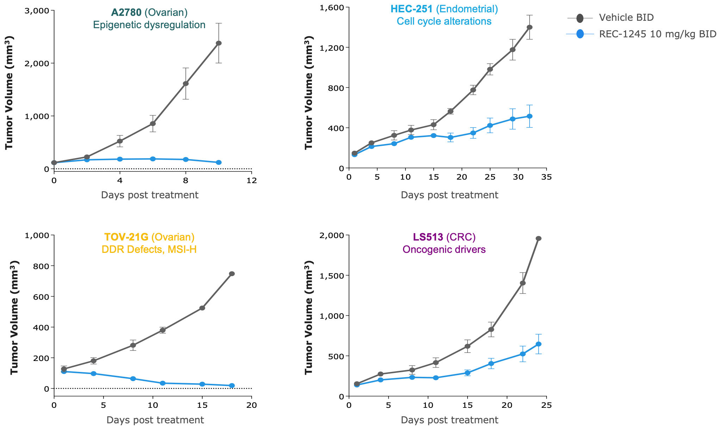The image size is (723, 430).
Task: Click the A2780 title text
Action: (126, 12)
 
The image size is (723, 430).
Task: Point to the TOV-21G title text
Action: (126, 237)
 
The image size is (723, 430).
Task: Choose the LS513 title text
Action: (428, 237)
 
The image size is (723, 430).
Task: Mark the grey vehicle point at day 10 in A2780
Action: (218, 43)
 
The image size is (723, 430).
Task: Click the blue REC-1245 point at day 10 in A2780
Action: (218, 162)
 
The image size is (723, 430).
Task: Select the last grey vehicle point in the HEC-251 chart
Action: (530, 27)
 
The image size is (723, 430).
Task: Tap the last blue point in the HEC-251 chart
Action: (530, 116)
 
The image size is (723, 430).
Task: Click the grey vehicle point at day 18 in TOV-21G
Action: (232, 274)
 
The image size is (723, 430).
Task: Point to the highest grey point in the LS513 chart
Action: (538, 238)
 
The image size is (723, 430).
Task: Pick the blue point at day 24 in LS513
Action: (538, 344)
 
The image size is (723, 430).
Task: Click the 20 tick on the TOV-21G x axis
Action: (252, 405)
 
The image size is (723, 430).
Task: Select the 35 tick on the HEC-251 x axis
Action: (546, 177)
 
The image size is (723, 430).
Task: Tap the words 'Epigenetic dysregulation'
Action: (149, 25)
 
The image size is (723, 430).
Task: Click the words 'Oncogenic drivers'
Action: (444, 250)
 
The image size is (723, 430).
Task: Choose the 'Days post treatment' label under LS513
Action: (449, 420)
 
